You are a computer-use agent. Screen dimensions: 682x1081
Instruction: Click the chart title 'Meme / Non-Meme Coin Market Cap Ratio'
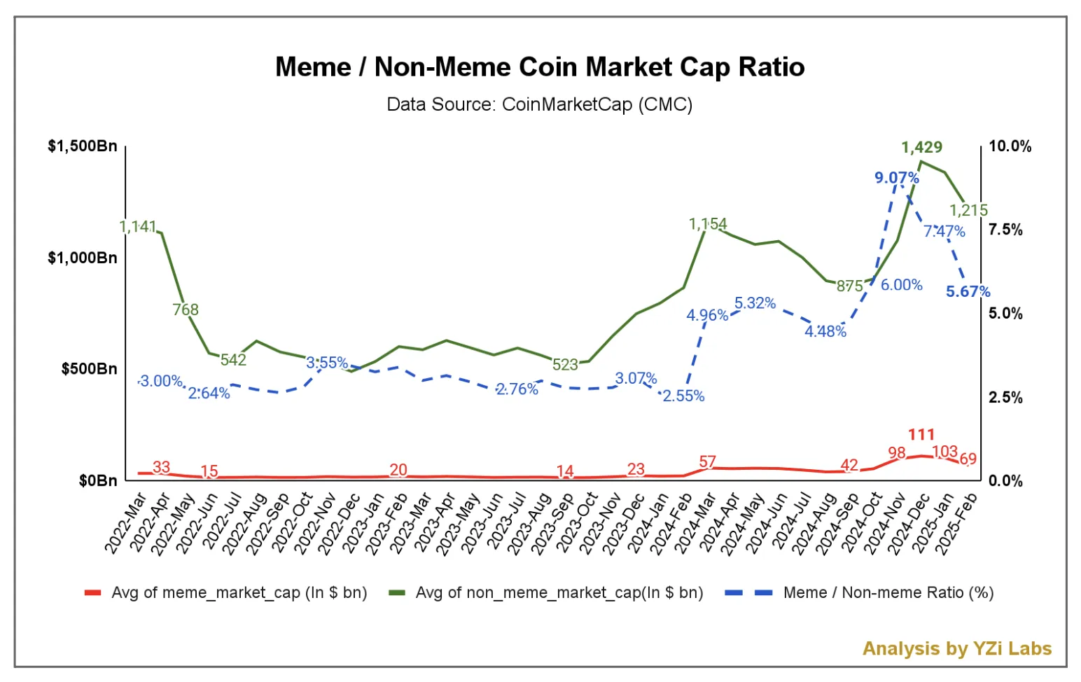coord(539,67)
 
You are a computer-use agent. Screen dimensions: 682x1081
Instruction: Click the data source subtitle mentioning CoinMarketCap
coord(539,105)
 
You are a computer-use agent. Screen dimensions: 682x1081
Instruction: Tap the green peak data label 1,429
coord(921,147)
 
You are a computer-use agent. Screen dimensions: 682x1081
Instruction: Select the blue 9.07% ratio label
coord(896,178)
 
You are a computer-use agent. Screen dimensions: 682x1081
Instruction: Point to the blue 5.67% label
coord(968,291)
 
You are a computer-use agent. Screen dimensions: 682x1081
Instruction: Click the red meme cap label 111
coord(921,434)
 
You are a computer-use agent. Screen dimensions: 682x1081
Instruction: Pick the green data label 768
coord(186,309)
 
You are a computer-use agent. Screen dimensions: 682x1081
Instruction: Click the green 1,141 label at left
coord(137,227)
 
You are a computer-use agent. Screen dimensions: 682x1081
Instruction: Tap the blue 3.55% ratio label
coord(327,363)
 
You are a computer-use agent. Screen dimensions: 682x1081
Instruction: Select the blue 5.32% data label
coord(755,303)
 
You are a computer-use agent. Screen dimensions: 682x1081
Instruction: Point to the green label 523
coord(565,365)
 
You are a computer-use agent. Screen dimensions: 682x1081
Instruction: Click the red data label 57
coord(708,462)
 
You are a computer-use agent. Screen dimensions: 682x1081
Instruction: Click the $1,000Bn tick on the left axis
coord(83,258)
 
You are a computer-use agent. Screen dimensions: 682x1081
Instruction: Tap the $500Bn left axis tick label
coord(90,369)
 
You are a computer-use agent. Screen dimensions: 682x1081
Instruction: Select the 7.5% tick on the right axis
coord(1005,230)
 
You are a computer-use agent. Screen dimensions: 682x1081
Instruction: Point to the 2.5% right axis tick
coord(1005,397)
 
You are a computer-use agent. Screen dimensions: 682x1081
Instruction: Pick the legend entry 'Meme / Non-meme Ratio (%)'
coord(888,592)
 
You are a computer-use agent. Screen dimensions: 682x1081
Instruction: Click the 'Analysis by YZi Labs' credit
coord(956,648)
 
